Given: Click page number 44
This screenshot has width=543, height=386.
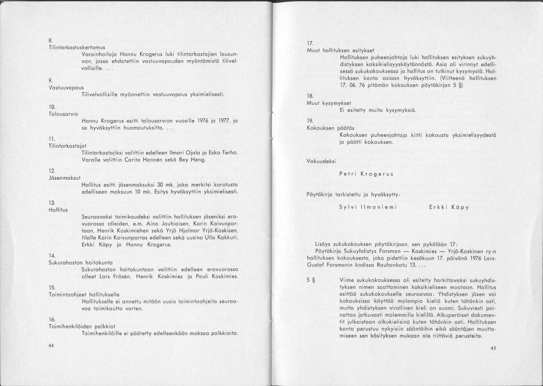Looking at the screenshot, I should click(51, 345).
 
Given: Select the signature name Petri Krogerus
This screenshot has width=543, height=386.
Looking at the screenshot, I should click(366, 174).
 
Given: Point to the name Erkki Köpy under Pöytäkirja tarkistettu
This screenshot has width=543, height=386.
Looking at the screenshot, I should click(449, 207).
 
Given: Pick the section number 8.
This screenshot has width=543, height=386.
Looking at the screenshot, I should click(50, 40).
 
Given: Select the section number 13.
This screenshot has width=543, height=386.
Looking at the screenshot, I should click(52, 202).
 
